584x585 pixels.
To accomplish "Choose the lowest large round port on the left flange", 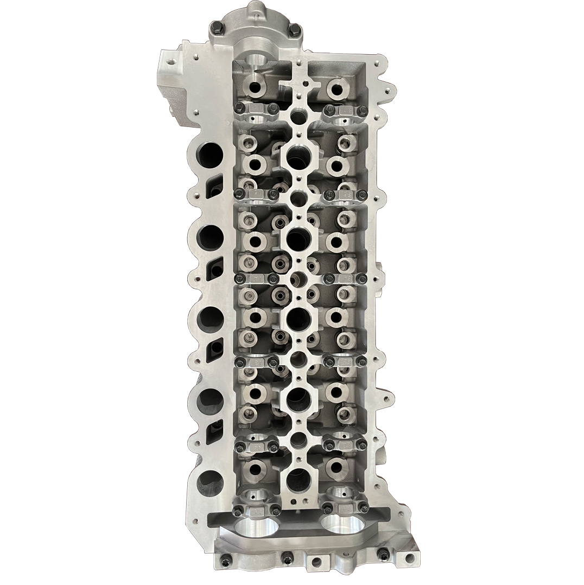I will click(x=210, y=480).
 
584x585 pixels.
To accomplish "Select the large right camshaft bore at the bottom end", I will click(x=344, y=526).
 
